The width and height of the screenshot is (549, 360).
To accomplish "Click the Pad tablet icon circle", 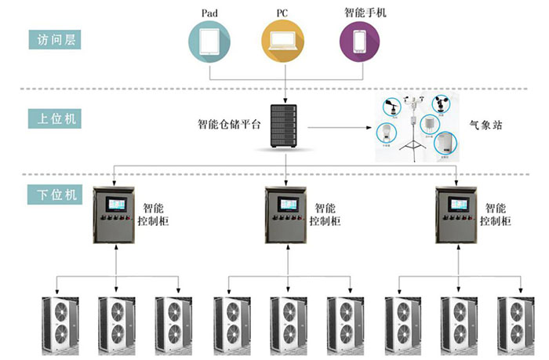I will pos(210,42).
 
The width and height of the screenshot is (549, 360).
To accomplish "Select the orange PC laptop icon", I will pos(283,42).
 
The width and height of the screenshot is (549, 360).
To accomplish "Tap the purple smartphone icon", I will pos(360,42).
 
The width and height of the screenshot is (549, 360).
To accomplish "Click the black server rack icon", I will pos(283,125).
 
